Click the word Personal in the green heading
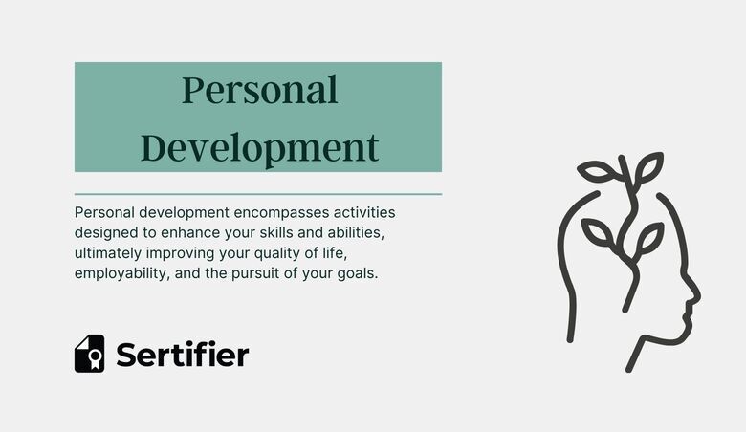click(259, 91)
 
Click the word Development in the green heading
click(259, 148)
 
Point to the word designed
click(107, 232)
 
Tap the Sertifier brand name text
click(182, 355)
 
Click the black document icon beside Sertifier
click(90, 354)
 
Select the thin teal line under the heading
click(258, 194)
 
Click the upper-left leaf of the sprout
click(599, 173)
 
